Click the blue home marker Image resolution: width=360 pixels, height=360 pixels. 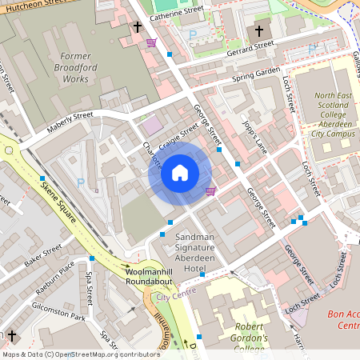tap(180, 172)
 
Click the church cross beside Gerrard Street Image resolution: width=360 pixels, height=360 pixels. tap(258, 32)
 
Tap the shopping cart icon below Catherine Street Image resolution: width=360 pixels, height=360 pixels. tap(151, 42)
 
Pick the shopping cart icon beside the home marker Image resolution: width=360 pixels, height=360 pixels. tap(211, 190)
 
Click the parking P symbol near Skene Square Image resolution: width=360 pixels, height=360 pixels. tap(80, 182)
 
